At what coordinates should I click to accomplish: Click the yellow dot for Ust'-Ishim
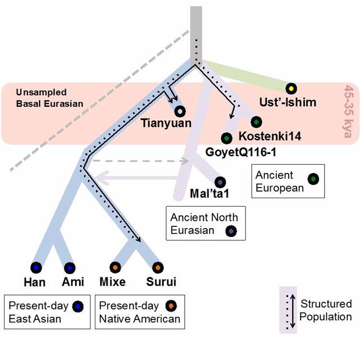(291, 89)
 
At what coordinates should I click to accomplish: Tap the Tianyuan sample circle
(180, 111)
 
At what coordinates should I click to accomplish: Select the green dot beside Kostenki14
(256, 122)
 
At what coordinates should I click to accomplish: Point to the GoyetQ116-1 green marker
(226, 138)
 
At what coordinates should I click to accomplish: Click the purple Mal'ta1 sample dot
(220, 183)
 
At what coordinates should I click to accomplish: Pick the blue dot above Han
(37, 268)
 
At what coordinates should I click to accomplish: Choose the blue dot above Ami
(70, 268)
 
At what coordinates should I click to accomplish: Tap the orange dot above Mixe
(115, 267)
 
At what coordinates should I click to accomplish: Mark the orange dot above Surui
(158, 267)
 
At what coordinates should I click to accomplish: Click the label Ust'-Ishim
(288, 102)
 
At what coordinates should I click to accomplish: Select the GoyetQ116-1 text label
(240, 152)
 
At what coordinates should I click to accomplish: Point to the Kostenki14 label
(270, 136)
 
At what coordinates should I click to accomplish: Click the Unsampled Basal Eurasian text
(49, 98)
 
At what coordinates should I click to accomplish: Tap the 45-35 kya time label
(349, 111)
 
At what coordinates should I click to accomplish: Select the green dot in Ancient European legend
(313, 179)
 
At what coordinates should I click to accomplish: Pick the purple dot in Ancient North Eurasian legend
(231, 231)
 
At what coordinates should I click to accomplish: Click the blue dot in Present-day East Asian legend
(78, 306)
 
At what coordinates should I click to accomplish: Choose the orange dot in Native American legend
(171, 306)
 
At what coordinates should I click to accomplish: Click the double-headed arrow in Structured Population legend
(293, 311)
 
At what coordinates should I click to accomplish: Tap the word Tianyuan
(166, 123)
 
